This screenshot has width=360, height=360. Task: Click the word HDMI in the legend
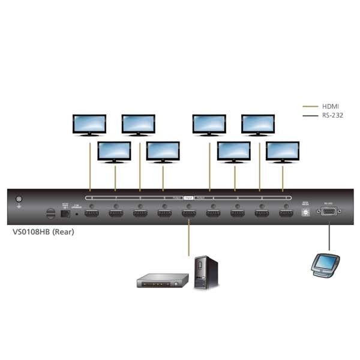click(330, 106)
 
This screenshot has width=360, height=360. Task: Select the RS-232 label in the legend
click(332, 115)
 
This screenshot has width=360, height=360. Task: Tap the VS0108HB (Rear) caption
click(43, 232)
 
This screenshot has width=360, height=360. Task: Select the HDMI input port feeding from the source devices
click(188, 212)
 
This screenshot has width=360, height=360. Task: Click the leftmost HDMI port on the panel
click(91, 212)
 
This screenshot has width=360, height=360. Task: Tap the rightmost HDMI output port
click(286, 212)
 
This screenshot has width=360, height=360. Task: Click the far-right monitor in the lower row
click(283, 152)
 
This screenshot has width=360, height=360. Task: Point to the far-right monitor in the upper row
click(258, 125)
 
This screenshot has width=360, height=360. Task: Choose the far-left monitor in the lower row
click(114, 152)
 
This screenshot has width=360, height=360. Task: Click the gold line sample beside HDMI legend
click(310, 106)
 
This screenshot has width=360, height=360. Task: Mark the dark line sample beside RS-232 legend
click(310, 115)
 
